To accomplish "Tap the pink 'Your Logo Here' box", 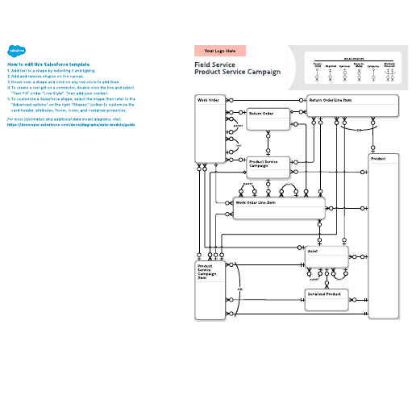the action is pos(219,51).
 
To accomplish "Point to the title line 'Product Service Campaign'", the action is pos(238,72).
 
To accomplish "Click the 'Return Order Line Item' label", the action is pos(331,100).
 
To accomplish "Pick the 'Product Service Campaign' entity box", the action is pos(269,166).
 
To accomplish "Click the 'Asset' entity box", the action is pos(326,256).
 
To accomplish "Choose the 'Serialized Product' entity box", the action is pos(326,299).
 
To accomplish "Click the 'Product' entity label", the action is pos(378,159).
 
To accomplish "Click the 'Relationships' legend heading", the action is pos(353,58).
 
